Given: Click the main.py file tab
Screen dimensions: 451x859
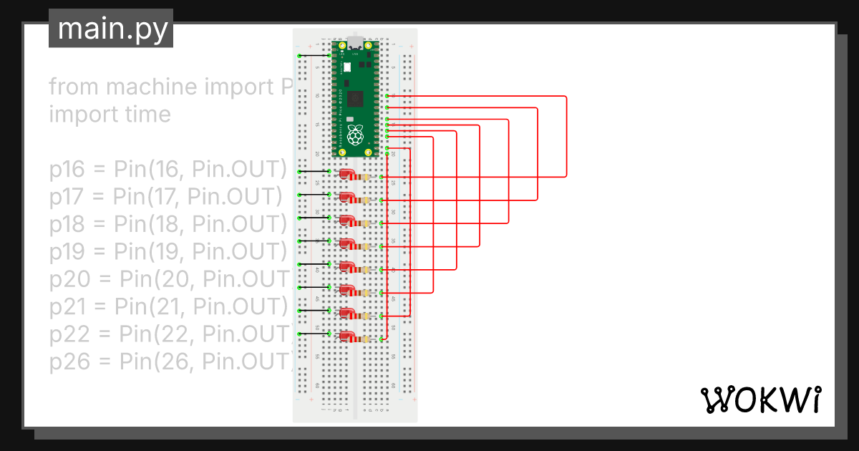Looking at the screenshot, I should [111, 29].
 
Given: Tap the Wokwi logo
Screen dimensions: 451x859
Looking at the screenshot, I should [759, 400].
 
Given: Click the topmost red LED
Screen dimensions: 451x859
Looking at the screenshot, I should [348, 173].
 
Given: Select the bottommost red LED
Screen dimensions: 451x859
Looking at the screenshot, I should [348, 335].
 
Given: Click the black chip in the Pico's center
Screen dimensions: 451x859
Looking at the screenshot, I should [357, 98].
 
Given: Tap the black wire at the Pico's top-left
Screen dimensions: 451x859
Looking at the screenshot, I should [314, 56].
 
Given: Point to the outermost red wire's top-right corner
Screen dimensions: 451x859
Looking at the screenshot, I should [566, 96].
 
